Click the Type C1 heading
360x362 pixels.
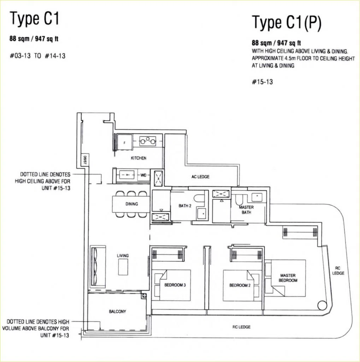pyautogui.click(x=34, y=19)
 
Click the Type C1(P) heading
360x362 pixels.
pyautogui.click(x=287, y=23)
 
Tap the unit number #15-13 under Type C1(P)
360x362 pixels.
pyautogui.click(x=262, y=82)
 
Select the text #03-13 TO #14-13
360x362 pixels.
pyautogui.click(x=37, y=56)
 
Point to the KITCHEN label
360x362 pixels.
pyautogui.click(x=138, y=158)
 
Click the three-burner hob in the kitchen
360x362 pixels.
pyautogui.click(x=148, y=141)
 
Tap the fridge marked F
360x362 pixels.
pyautogui.click(x=124, y=142)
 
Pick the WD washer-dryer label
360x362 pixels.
pyautogui.click(x=143, y=175)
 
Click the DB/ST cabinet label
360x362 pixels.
pyautogui.click(x=84, y=160)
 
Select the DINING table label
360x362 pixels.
pyautogui.click(x=132, y=204)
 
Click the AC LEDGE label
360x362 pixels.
pyautogui.click(x=200, y=177)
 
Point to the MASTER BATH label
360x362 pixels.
pyautogui.click(x=246, y=210)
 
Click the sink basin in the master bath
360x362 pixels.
pyautogui.click(x=257, y=197)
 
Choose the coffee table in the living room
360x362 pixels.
pyautogui.click(x=123, y=267)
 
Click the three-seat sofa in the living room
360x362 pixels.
pyautogui.click(x=98, y=266)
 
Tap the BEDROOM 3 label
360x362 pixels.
pyautogui.click(x=175, y=285)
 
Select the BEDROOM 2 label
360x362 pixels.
pyautogui.click(x=240, y=285)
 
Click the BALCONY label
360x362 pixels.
pyautogui.click(x=118, y=311)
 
